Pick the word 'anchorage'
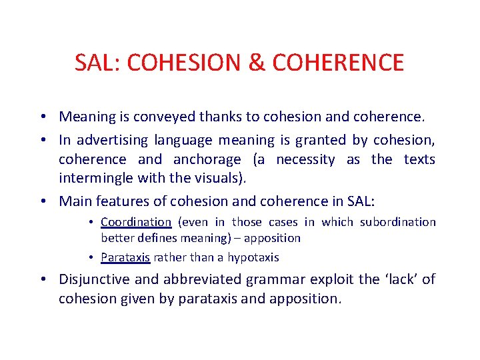click(x=207, y=159)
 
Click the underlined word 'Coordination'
click(x=136, y=222)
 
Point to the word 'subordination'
click(x=399, y=222)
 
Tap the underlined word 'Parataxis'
click(x=125, y=257)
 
